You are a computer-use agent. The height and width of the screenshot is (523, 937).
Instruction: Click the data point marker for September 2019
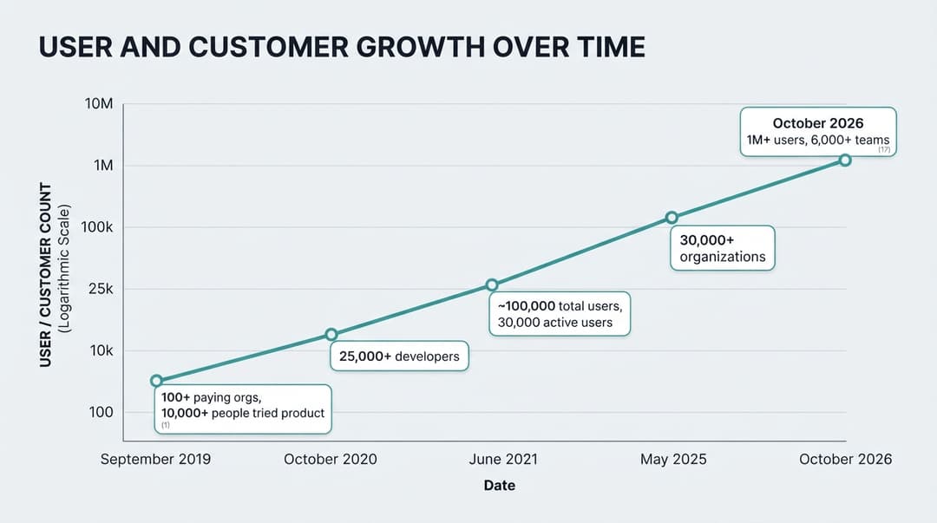[x=156, y=381]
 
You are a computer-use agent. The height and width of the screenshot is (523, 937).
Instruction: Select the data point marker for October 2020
[x=331, y=335]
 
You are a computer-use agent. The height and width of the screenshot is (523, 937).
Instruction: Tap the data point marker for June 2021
[x=491, y=285]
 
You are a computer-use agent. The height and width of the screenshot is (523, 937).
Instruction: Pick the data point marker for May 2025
[x=672, y=218]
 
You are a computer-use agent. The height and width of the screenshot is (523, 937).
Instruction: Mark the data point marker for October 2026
[x=845, y=160]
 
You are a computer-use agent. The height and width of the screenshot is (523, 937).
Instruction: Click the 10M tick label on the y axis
[x=99, y=104]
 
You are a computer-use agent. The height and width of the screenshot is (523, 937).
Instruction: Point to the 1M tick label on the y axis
[x=103, y=166]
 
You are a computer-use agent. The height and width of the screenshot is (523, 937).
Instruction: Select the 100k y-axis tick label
[x=97, y=227]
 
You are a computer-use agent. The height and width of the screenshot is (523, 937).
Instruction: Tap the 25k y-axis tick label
[x=101, y=290]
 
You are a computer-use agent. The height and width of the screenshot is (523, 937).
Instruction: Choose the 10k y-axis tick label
[x=101, y=351]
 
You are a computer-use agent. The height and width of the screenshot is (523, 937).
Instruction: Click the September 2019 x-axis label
[x=155, y=459]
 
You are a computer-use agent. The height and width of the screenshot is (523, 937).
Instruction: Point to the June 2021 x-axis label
[x=503, y=459]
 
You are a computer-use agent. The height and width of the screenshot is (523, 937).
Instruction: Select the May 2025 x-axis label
[x=673, y=459]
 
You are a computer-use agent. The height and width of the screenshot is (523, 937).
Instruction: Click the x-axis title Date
[x=500, y=486]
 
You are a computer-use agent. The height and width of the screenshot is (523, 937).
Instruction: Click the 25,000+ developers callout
[x=399, y=356]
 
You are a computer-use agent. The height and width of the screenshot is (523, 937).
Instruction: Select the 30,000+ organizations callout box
[x=723, y=248]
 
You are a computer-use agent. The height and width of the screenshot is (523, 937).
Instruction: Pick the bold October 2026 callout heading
[x=818, y=123]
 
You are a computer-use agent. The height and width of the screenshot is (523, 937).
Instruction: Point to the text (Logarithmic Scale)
[x=64, y=268]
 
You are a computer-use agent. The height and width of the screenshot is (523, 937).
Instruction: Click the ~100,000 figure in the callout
[x=527, y=306]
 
